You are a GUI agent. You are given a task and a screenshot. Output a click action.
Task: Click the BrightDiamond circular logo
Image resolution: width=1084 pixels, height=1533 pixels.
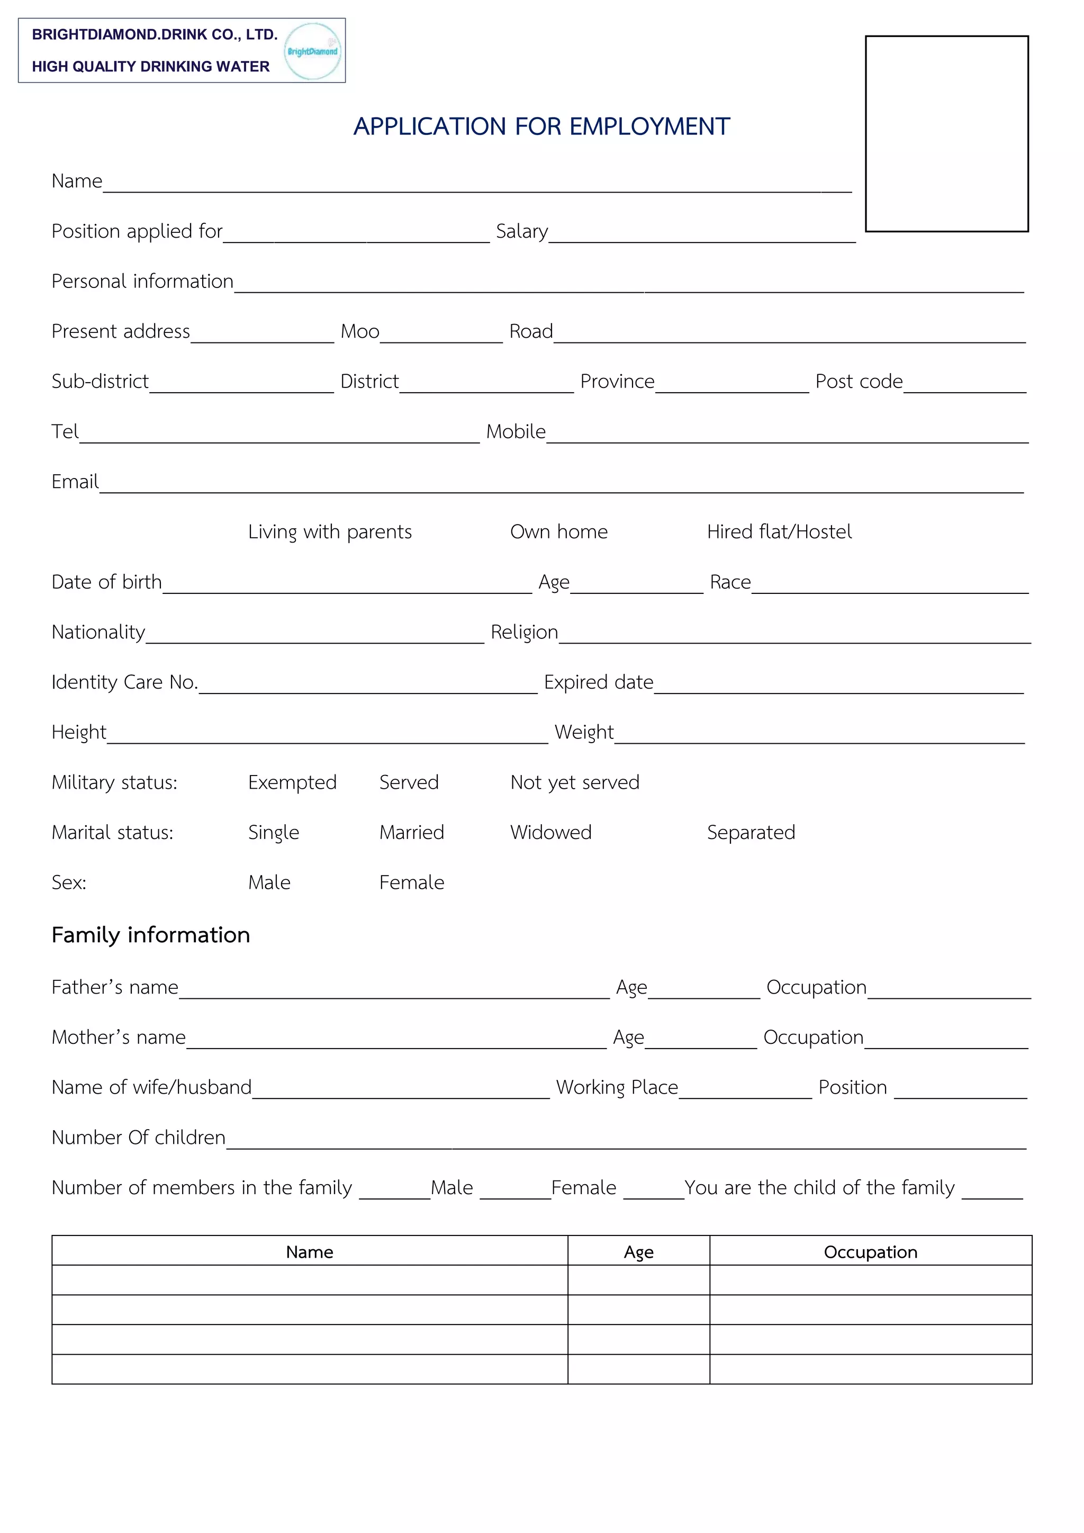[312, 51]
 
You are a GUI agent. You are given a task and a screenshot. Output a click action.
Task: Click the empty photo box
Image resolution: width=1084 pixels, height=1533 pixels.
[946, 133]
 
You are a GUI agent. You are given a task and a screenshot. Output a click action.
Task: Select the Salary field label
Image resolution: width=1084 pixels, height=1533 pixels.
[521, 231]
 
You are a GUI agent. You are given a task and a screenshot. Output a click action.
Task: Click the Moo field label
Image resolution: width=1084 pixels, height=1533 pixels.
[360, 331]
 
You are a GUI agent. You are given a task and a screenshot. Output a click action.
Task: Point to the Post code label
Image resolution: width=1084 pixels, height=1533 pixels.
[859, 381]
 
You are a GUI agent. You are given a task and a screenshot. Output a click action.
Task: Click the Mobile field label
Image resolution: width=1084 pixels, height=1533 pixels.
[516, 431]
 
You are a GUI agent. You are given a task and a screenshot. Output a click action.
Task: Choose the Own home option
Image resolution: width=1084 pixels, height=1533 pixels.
[559, 531]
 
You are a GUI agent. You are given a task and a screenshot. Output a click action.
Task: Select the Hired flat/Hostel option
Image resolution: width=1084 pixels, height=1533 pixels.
[779, 531]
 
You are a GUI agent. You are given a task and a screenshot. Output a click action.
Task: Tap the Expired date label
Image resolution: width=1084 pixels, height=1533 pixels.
[598, 682]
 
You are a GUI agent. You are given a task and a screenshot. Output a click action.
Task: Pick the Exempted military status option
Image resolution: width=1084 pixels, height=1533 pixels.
[292, 782]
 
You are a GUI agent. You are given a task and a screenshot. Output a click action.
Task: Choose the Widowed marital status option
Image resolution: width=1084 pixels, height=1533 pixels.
[550, 832]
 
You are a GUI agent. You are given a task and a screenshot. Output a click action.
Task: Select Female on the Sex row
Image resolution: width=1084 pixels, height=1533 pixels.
[411, 882]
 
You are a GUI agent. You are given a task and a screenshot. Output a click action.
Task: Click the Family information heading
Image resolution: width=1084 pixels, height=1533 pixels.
[151, 935]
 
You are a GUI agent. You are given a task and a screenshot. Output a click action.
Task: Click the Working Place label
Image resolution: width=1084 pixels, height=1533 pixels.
[617, 1087]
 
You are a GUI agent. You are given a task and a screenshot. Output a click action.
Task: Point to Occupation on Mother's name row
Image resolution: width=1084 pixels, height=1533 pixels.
[813, 1037]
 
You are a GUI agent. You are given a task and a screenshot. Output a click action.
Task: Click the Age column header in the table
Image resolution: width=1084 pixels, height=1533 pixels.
[638, 1252]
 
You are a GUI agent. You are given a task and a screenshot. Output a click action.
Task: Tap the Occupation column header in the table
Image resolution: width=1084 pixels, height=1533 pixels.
[870, 1252]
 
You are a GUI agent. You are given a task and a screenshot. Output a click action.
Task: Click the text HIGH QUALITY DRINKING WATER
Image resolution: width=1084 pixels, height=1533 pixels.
[151, 67]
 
